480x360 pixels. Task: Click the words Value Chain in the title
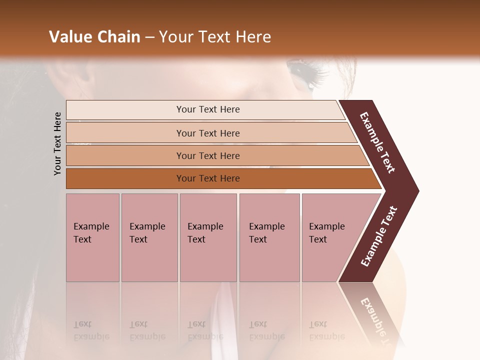(x=94, y=37)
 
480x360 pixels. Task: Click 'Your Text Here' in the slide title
(x=215, y=37)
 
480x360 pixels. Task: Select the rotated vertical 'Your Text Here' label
(x=57, y=143)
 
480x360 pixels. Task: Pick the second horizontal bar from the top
(x=207, y=133)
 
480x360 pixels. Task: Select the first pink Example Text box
(x=92, y=237)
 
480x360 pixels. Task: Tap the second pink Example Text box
(x=149, y=237)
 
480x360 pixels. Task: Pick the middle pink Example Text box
(x=208, y=237)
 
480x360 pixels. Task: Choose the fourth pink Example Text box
(x=269, y=237)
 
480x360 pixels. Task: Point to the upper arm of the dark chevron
(x=377, y=142)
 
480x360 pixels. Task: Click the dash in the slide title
(x=149, y=37)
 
